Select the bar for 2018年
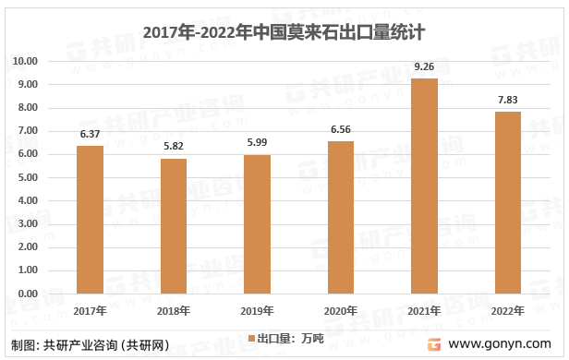174,226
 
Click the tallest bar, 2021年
424,186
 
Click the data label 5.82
174,147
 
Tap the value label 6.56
341,129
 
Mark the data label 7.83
507,100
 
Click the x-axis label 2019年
257,310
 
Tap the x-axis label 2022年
507,310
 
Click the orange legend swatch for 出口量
249,339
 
